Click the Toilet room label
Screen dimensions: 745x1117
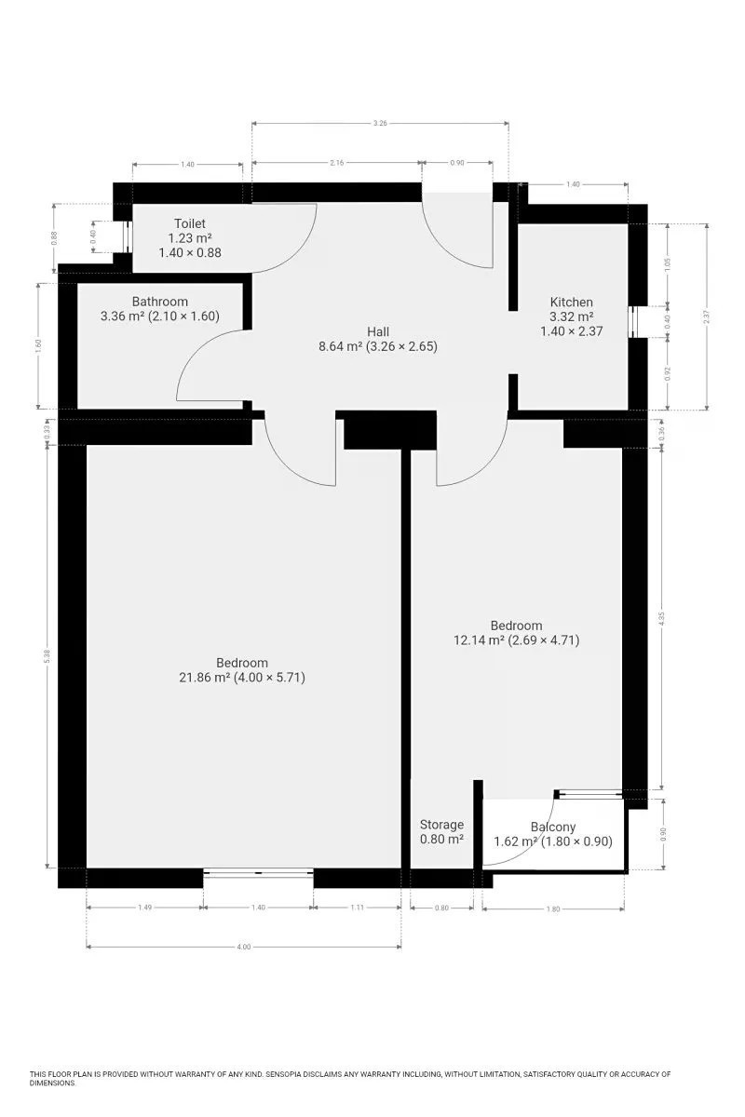(x=190, y=223)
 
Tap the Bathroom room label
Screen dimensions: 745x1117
(x=159, y=302)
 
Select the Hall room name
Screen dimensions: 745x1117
(x=378, y=331)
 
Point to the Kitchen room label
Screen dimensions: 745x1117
(x=572, y=303)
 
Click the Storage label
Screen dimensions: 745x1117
(x=441, y=825)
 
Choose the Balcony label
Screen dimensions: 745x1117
(x=553, y=827)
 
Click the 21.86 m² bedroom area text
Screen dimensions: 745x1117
(x=242, y=678)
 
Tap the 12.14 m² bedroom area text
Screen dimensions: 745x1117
(x=517, y=639)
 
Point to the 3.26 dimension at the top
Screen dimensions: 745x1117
(x=380, y=123)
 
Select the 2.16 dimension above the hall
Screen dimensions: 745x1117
(x=337, y=163)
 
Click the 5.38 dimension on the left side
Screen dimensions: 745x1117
(x=47, y=655)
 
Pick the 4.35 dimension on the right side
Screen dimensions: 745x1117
(x=662, y=618)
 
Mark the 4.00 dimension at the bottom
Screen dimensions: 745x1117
(x=243, y=947)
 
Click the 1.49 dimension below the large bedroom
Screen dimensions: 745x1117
(x=144, y=908)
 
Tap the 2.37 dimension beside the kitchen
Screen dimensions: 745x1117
(x=707, y=317)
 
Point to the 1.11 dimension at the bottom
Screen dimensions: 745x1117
(x=358, y=908)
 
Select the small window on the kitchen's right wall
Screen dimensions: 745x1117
(x=631, y=322)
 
